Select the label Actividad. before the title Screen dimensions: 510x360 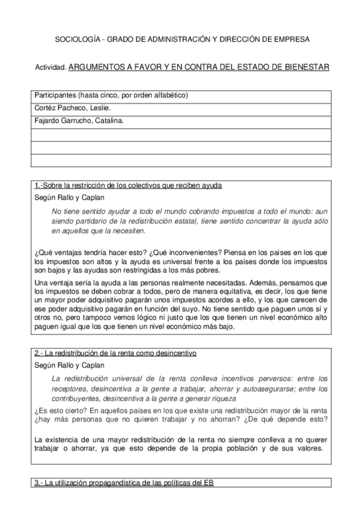(x=50, y=69)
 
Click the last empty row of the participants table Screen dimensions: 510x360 (x=180, y=159)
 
